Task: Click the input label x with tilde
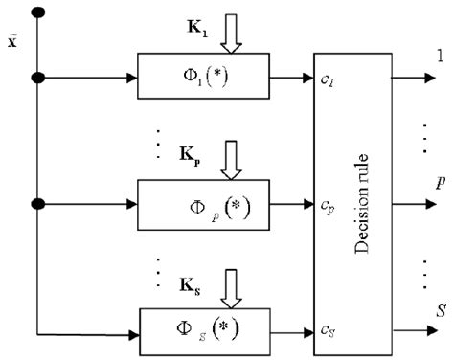click(11, 44)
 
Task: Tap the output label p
click(438, 181)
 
